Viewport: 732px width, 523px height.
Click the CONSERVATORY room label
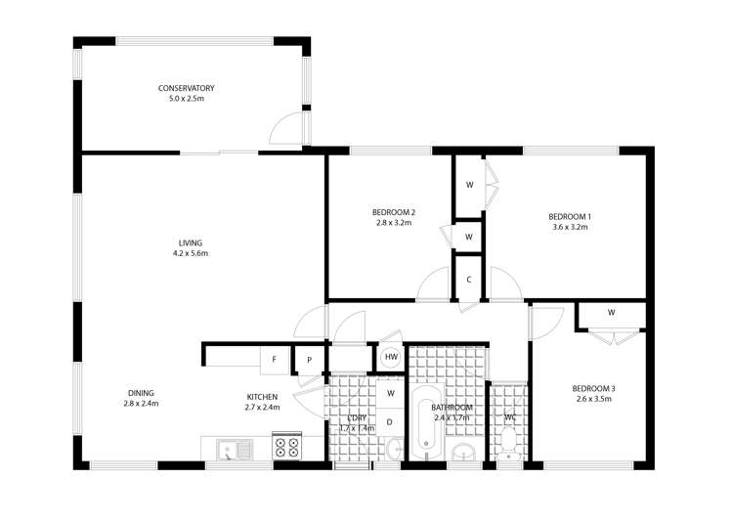click(186, 88)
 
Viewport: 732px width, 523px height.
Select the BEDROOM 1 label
click(569, 216)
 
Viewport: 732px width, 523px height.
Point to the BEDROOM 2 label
click(394, 212)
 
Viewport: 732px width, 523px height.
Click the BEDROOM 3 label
click(593, 388)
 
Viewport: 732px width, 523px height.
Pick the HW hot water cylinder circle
click(391, 358)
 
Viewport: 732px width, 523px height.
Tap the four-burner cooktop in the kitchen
click(287, 449)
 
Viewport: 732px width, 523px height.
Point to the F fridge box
click(275, 359)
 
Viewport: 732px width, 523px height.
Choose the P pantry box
click(310, 359)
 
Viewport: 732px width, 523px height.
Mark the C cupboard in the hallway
click(469, 279)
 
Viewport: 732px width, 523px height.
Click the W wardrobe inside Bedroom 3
click(611, 314)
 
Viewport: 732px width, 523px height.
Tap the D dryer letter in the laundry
click(389, 421)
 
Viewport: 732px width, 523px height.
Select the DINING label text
click(141, 393)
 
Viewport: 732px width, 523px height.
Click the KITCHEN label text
click(262, 397)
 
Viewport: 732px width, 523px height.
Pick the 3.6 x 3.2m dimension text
click(569, 227)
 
